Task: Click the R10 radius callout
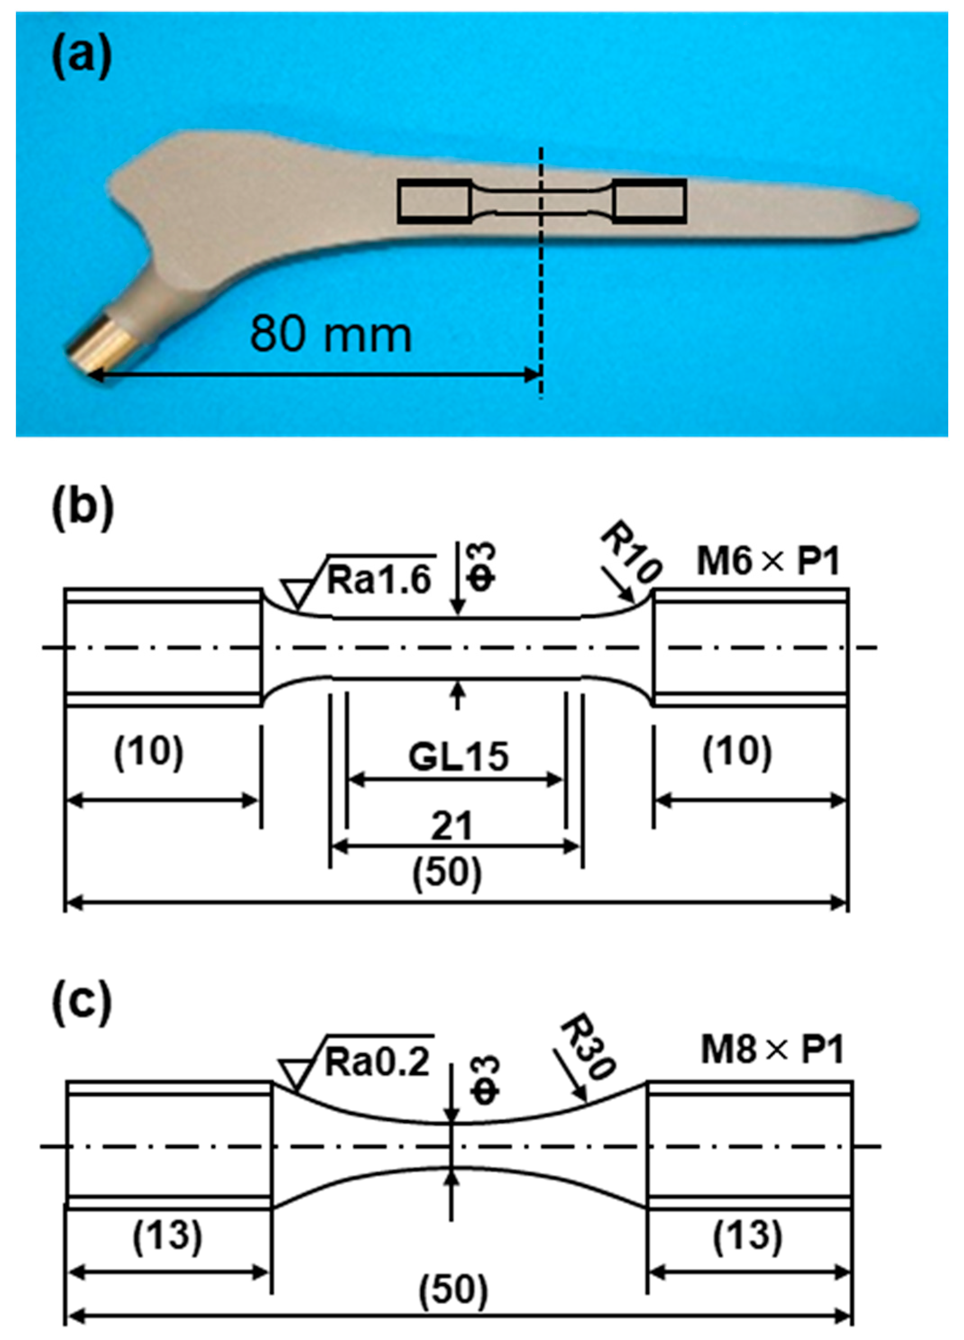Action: tap(630, 557)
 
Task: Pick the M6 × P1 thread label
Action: tap(768, 561)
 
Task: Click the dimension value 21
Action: tap(452, 827)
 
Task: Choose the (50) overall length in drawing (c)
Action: tap(454, 1290)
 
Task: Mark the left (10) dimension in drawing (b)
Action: tap(148, 753)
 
